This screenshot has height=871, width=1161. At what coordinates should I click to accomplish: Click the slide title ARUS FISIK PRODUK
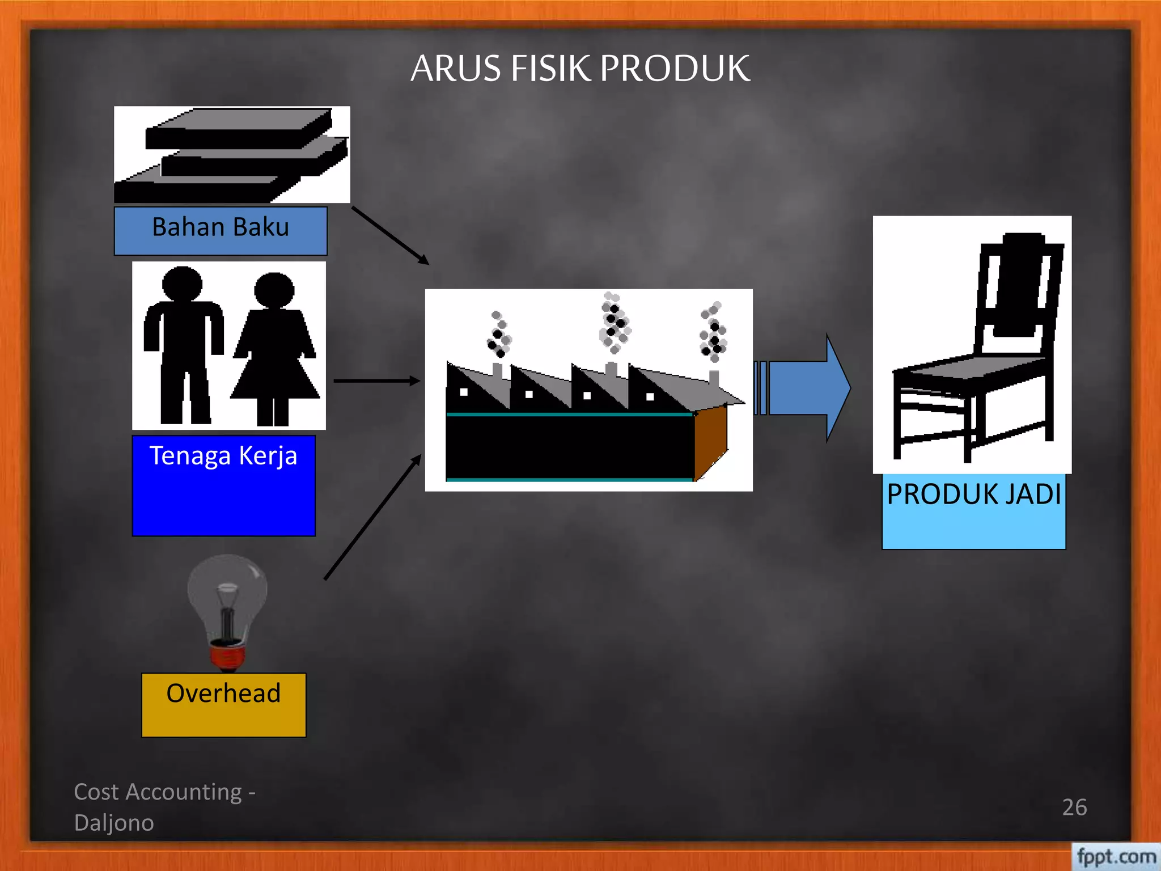tap(580, 68)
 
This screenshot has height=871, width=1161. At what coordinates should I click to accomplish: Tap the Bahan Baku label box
tap(221, 231)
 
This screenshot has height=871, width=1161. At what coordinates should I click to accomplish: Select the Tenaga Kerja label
tap(223, 456)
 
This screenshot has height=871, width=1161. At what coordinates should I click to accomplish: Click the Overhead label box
tap(224, 705)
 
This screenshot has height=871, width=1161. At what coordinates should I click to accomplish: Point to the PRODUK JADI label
tap(974, 494)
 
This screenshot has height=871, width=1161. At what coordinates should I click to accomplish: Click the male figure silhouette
tap(183, 344)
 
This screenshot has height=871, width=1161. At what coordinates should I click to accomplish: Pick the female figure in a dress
tap(275, 348)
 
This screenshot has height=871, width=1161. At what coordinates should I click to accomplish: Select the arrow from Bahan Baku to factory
tap(390, 235)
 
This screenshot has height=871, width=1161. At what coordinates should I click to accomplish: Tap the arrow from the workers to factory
tap(377, 381)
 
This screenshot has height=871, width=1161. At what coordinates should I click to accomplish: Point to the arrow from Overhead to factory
tap(373, 517)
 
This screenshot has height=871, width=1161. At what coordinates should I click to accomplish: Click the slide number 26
tap(1074, 807)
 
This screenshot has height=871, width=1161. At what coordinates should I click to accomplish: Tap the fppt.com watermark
tap(1116, 856)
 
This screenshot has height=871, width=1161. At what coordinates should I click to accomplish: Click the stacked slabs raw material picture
tap(232, 154)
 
